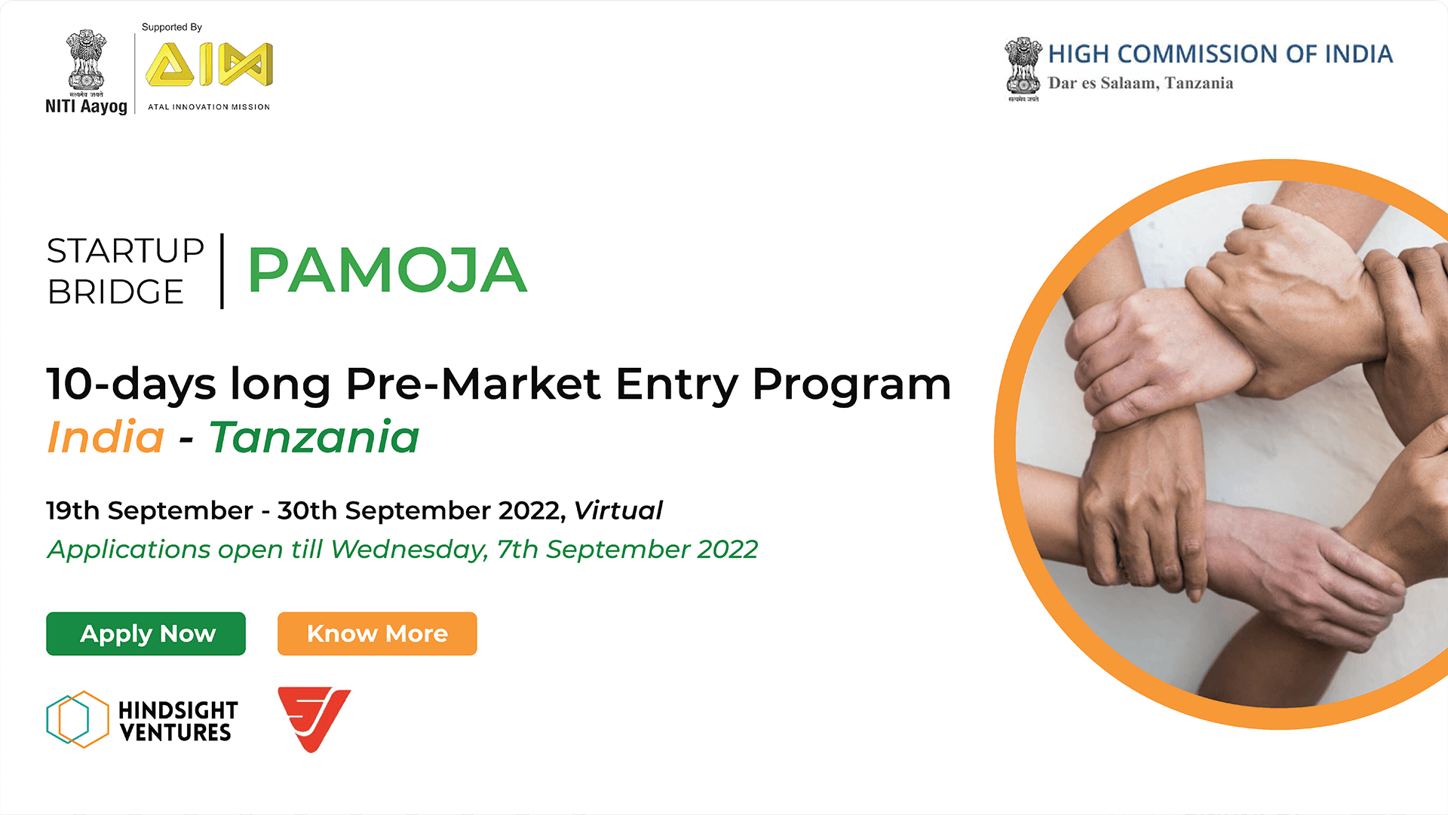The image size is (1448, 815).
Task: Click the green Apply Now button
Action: click(x=146, y=633)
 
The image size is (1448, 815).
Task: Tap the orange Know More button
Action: click(x=377, y=633)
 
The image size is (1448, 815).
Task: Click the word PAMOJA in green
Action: click(x=387, y=270)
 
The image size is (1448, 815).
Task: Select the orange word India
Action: click(x=106, y=437)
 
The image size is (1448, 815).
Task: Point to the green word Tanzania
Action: click(x=314, y=437)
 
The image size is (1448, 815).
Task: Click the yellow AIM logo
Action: click(x=209, y=64)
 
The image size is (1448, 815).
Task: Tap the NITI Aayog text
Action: click(x=86, y=106)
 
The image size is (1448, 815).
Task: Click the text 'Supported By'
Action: click(x=172, y=27)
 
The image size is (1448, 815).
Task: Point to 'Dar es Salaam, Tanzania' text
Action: click(x=1140, y=84)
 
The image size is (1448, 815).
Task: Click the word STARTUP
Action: click(x=125, y=251)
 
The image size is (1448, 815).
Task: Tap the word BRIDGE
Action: click(x=115, y=292)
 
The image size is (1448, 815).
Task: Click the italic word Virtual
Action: click(x=618, y=510)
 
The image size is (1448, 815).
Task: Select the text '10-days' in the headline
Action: click(x=131, y=384)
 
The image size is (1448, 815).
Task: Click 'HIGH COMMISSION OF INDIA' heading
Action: click(x=1220, y=54)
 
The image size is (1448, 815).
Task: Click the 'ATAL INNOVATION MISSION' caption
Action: click(x=209, y=107)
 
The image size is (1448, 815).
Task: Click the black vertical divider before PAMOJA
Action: click(x=222, y=271)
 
